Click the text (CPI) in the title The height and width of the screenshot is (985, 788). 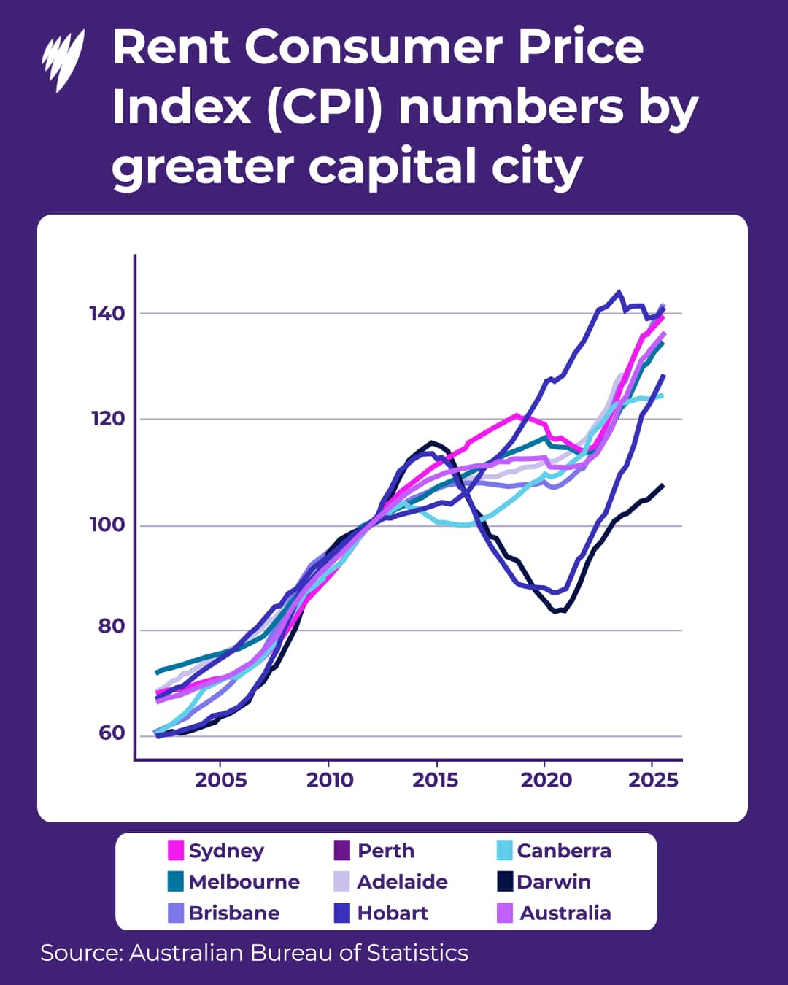[x=324, y=108]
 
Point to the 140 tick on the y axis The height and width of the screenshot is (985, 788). [x=107, y=314]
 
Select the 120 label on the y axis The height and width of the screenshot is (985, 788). [x=107, y=419]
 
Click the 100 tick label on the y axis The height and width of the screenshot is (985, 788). [x=107, y=525]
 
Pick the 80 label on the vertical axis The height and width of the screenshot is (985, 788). [x=112, y=627]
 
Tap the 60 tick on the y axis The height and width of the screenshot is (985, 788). [x=112, y=733]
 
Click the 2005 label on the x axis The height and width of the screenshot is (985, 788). [x=220, y=780]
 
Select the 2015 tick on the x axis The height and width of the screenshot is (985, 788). [x=436, y=780]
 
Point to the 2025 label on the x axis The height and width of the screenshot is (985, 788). [x=653, y=780]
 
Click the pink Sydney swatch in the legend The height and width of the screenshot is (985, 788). [x=176, y=851]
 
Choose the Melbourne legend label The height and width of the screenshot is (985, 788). [x=244, y=882]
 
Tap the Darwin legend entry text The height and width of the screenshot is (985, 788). [x=554, y=882]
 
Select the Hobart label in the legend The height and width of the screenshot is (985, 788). [x=393, y=913]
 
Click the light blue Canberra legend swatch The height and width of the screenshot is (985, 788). [x=504, y=851]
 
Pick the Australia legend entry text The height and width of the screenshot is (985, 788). [x=565, y=913]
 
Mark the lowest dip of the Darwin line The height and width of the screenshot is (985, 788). [x=557, y=611]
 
